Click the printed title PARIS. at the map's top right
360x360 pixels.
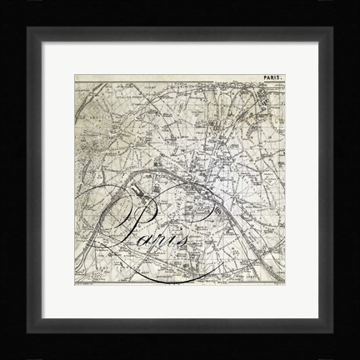click(272, 80)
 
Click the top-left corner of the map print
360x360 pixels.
click(75, 76)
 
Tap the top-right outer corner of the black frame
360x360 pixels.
click(359, 1)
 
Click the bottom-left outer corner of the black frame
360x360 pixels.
click(1, 359)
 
